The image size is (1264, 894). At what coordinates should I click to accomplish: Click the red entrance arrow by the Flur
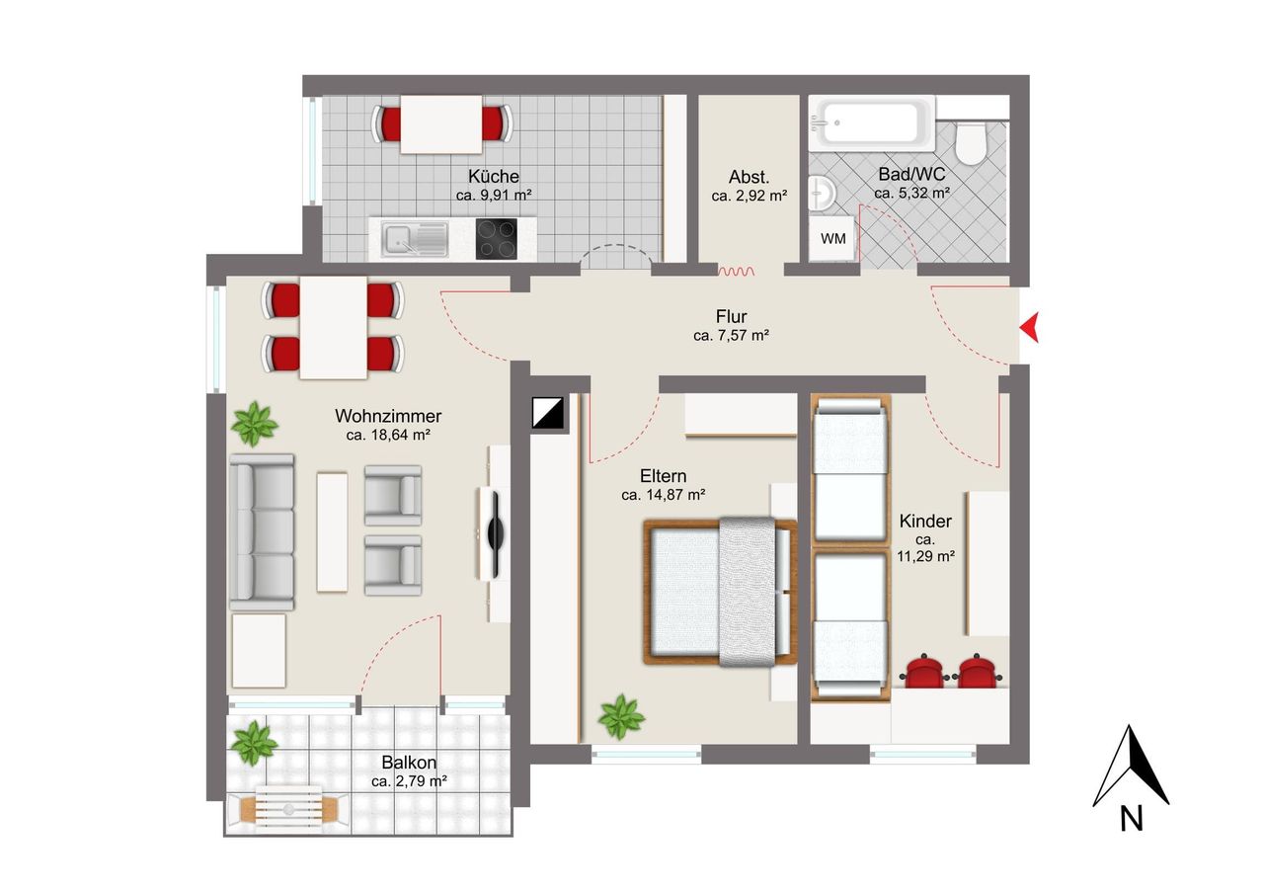click(x=1032, y=327)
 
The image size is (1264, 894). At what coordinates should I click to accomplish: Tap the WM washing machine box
click(x=832, y=238)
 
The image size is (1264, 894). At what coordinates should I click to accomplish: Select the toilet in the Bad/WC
click(x=971, y=142)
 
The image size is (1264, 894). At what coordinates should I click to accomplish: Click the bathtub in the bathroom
click(x=872, y=123)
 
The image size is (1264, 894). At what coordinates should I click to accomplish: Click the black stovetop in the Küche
click(x=496, y=239)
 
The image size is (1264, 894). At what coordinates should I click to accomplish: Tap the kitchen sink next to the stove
click(x=415, y=239)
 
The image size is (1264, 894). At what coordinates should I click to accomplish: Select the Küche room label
click(x=494, y=176)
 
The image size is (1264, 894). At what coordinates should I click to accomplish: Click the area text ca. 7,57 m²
click(x=732, y=335)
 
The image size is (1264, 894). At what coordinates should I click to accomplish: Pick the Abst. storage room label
click(x=749, y=177)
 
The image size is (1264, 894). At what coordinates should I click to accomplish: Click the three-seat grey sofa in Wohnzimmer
click(x=262, y=532)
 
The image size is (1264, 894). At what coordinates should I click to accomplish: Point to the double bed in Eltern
click(x=721, y=592)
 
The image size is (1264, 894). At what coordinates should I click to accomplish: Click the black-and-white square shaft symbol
click(x=547, y=413)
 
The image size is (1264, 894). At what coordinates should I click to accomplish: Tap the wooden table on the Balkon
click(x=289, y=809)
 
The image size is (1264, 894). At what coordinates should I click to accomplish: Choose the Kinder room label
click(x=925, y=521)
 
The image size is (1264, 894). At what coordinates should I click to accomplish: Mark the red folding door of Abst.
click(x=736, y=272)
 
